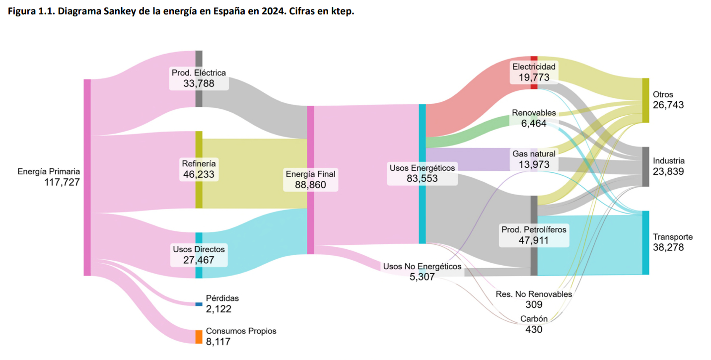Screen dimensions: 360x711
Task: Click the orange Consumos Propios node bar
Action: coord(199,337)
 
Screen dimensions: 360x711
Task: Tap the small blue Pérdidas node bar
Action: coord(199,304)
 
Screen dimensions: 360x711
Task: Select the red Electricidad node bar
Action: coord(534,72)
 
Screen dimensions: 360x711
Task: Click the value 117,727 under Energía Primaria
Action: coord(62,182)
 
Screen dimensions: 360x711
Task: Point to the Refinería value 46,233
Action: coord(199,174)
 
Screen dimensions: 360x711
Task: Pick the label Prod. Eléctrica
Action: coord(199,72)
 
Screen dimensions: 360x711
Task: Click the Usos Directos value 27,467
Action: coord(199,259)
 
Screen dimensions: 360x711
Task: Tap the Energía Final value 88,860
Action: coord(311,185)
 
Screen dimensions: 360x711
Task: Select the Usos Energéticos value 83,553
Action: coord(422,178)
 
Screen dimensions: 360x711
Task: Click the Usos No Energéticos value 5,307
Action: coord(422,277)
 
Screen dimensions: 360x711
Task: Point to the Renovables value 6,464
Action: coord(534,123)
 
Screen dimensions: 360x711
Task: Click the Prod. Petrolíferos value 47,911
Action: coord(534,240)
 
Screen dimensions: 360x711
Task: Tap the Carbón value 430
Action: coord(534,329)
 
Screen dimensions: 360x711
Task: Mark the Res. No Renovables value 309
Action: coord(534,304)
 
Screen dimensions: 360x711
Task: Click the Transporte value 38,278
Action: coord(668,247)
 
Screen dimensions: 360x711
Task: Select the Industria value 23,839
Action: coord(668,171)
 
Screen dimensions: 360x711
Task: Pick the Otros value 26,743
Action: coord(668,105)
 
